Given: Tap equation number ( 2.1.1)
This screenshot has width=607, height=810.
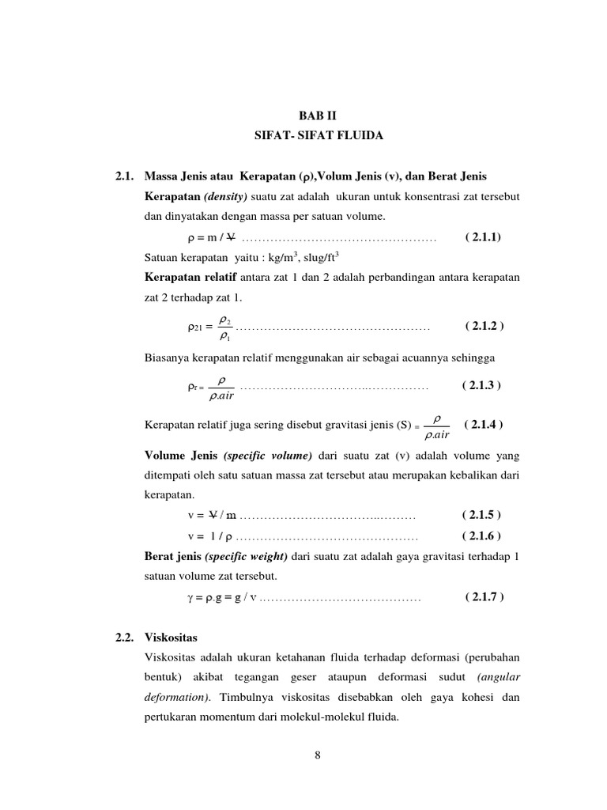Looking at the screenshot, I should pyautogui.click(x=483, y=237).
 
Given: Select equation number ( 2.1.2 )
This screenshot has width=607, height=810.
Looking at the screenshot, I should pyautogui.click(x=485, y=326).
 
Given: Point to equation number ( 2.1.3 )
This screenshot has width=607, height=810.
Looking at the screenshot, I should pyautogui.click(x=482, y=385).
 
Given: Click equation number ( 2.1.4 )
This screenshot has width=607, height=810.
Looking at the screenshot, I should pyautogui.click(x=484, y=424).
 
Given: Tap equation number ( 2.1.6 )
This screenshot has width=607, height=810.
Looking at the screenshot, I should pyautogui.click(x=482, y=536).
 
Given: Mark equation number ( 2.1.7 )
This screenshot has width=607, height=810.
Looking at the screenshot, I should pyautogui.click(x=484, y=596).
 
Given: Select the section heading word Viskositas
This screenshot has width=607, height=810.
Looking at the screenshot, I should pyautogui.click(x=172, y=637).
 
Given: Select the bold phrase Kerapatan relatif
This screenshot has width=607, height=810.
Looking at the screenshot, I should pyautogui.click(x=183, y=277).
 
